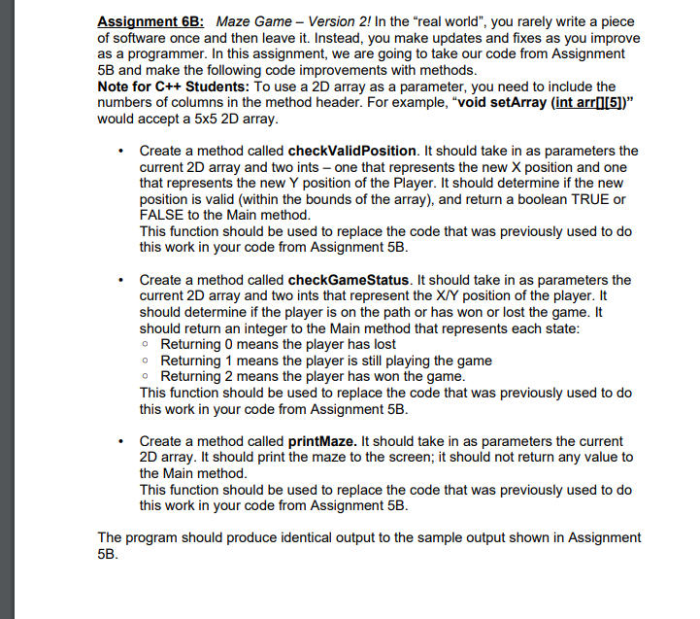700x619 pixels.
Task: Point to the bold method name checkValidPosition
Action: pos(352,151)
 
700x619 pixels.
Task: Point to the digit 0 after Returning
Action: pos(231,344)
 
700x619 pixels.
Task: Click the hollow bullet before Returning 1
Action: pos(146,361)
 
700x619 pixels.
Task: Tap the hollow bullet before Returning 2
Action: pos(146,376)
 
